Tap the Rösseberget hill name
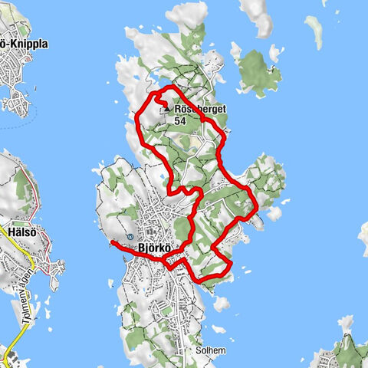(201, 110)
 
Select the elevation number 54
(181, 121)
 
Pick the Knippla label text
(28, 44)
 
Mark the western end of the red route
(112, 243)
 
